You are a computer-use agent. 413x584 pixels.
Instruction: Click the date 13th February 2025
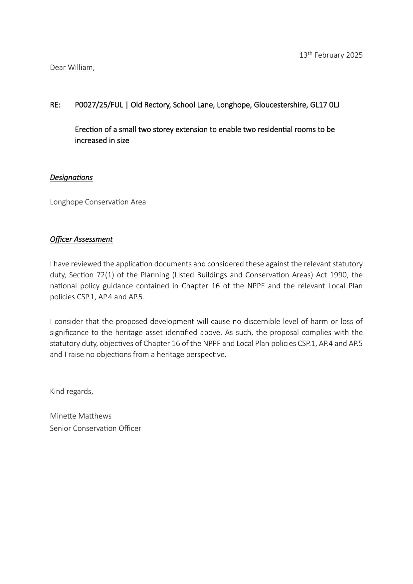[x=331, y=55]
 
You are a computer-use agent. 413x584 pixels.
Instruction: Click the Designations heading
[x=71, y=177]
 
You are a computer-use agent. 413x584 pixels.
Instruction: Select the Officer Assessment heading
[x=81, y=239]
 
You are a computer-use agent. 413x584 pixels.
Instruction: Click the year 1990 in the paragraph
[x=339, y=275]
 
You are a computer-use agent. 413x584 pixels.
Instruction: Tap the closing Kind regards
[x=72, y=392]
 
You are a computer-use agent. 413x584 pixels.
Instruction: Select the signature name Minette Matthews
[x=81, y=416]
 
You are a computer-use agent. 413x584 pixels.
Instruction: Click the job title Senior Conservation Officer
[x=96, y=429]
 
